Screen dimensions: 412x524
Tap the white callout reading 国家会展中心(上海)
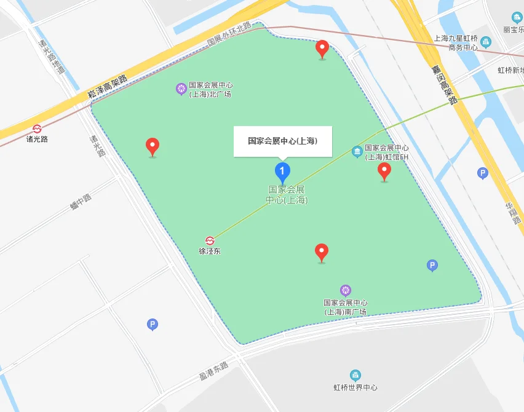tap(282, 141)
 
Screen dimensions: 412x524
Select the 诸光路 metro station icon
tap(38, 129)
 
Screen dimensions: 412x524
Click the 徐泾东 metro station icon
tap(210, 240)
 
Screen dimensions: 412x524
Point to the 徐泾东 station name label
tap(210, 252)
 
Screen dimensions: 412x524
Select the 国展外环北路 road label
tap(229, 34)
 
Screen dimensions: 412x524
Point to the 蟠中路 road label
tap(81, 202)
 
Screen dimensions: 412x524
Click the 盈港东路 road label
tap(213, 370)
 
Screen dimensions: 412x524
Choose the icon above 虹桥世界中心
tap(355, 375)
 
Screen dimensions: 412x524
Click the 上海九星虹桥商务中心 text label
tap(455, 42)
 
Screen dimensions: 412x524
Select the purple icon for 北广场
tap(181, 89)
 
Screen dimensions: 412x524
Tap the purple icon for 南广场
tap(346, 290)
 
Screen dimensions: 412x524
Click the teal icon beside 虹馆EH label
tap(357, 151)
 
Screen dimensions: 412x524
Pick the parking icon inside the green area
tap(432, 266)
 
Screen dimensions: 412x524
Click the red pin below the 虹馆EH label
tap(384, 171)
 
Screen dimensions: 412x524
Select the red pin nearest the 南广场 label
tap(321, 252)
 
